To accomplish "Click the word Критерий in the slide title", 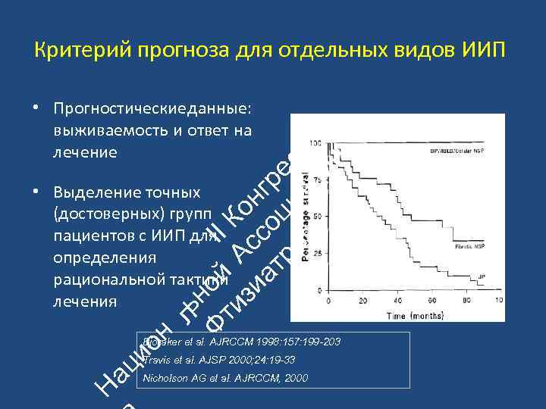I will pos(74,51).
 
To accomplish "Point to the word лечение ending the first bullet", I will pos(85,151).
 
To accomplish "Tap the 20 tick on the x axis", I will pos(363,301).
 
